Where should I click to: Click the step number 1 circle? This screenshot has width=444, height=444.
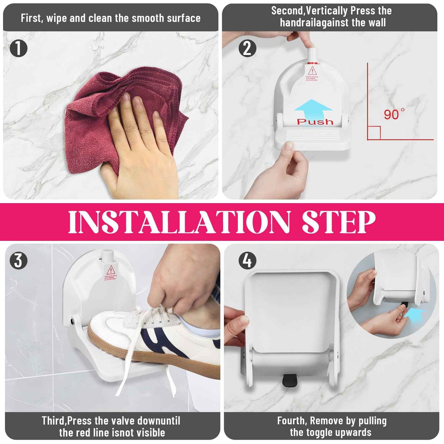(18, 48)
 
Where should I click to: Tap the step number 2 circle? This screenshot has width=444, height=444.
(247, 48)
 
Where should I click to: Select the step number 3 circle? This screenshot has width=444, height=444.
(18, 261)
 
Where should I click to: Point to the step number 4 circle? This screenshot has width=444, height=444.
(247, 261)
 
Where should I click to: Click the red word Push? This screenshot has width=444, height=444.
(315, 122)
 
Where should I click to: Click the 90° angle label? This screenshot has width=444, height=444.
(394, 115)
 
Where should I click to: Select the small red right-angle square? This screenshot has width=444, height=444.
(374, 133)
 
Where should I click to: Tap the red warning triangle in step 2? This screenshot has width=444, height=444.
(312, 71)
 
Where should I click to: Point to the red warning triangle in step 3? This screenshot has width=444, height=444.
(111, 270)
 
